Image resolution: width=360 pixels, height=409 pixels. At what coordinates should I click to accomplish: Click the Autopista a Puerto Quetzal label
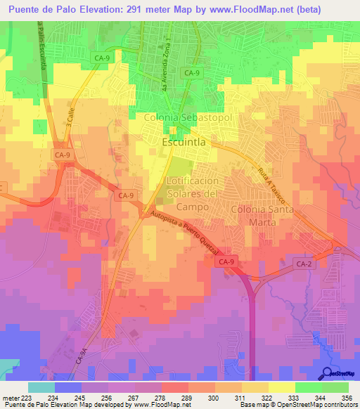tap(190, 233)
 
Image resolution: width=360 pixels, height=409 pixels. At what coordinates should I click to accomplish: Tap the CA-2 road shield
tap(302, 262)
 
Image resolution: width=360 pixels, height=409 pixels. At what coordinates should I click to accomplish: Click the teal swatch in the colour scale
tap(41, 387)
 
